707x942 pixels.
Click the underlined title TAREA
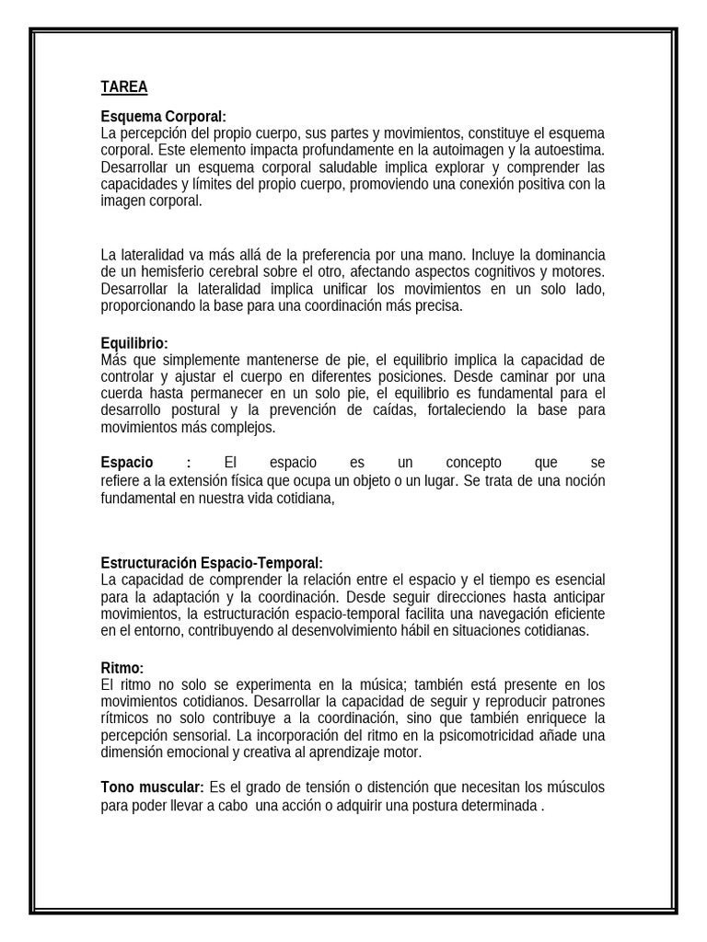[123, 87]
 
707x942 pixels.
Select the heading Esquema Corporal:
[163, 117]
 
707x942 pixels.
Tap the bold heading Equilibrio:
[134, 343]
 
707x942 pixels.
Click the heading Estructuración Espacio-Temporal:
[212, 563]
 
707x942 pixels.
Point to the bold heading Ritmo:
[122, 668]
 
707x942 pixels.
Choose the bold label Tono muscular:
[152, 787]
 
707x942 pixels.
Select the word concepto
[474, 462]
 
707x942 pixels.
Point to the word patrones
[578, 702]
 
